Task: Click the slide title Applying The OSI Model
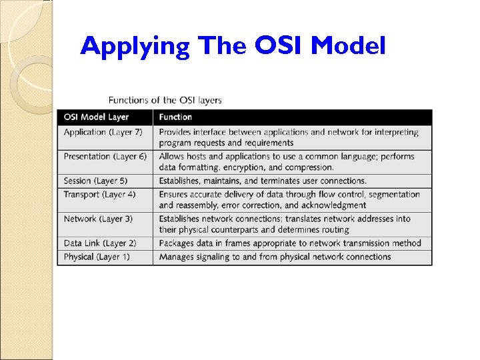(233, 46)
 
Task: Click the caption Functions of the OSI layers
(165, 100)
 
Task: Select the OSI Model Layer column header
(96, 117)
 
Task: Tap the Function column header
(175, 117)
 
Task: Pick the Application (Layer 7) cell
(103, 132)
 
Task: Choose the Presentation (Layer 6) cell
(105, 157)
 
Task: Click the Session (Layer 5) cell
(95, 181)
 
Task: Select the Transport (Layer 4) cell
(99, 195)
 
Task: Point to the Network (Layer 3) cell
(98, 219)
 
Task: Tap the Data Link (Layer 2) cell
(99, 243)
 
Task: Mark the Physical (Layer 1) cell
(97, 257)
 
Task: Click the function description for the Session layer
(263, 181)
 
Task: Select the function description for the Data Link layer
(290, 243)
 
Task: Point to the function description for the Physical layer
(275, 257)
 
